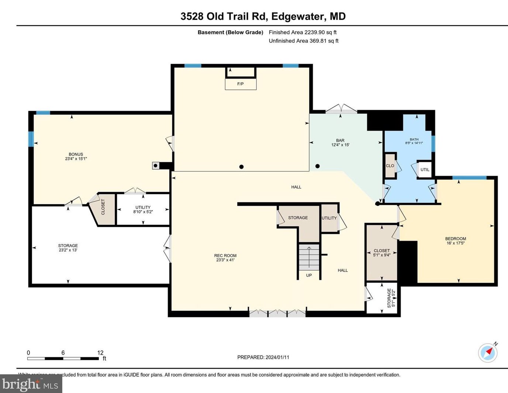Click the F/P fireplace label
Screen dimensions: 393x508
(x=240, y=84)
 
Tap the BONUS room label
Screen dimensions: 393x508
(x=76, y=154)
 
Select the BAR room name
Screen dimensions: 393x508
(x=340, y=140)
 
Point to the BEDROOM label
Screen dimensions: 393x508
(x=456, y=239)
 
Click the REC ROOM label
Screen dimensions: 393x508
(x=225, y=255)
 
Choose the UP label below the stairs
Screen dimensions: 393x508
(x=309, y=275)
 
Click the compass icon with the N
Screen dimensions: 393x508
(x=488, y=352)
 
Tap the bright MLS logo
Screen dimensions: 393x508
(x=31, y=384)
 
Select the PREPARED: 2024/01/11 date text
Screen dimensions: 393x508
(x=263, y=357)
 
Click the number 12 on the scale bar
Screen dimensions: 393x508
(x=100, y=353)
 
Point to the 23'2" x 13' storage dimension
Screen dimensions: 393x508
(x=68, y=250)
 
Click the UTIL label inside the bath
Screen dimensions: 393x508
(x=425, y=170)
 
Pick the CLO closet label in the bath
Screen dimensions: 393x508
(x=390, y=166)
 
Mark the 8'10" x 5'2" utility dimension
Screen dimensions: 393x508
(x=143, y=212)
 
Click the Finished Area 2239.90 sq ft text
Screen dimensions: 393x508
(x=303, y=32)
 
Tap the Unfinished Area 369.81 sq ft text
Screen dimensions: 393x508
(x=303, y=41)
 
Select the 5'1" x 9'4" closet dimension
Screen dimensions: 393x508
(x=382, y=255)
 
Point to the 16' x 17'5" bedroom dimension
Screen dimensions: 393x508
(x=456, y=243)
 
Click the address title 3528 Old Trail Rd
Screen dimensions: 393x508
(x=225, y=17)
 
